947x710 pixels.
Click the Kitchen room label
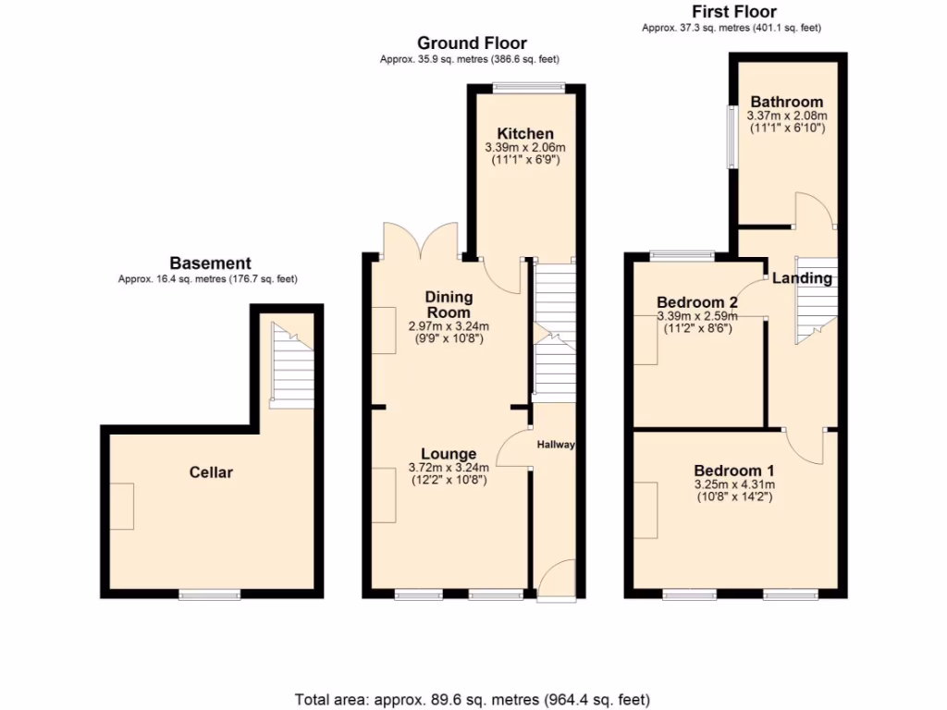point(524,134)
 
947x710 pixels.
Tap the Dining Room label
point(449,304)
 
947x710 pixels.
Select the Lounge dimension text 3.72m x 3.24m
point(449,468)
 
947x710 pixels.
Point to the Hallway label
point(556,445)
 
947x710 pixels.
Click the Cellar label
point(211,472)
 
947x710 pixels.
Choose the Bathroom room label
point(786,102)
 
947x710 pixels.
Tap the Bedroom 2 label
point(696,302)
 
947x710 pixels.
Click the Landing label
point(802,278)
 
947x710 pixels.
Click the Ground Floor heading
point(472,43)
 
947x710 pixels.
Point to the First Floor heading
point(734,12)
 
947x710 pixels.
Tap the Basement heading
point(210,263)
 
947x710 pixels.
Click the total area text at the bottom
point(473,699)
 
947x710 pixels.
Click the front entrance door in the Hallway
point(555,581)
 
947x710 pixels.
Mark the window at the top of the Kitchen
point(528,88)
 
